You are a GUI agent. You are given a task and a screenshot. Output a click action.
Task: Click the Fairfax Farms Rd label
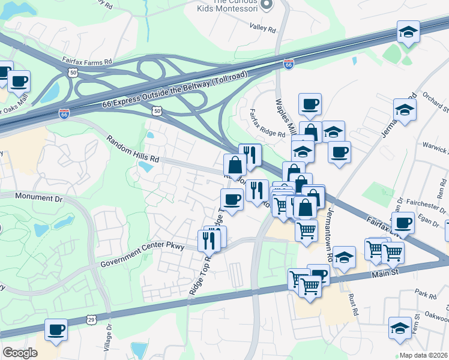coord(87,61)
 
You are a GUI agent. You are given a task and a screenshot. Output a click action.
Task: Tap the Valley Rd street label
coord(263,28)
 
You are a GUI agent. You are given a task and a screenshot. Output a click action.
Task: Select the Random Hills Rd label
coord(133,149)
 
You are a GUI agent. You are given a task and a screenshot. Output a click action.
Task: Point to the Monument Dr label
coord(38,196)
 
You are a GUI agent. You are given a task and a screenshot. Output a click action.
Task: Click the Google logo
coord(20,353)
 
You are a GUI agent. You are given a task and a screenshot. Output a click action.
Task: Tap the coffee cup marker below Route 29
coord(56,329)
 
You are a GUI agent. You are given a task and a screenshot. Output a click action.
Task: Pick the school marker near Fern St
coord(400,328)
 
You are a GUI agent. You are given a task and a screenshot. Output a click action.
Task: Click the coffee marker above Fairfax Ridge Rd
coord(310,104)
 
